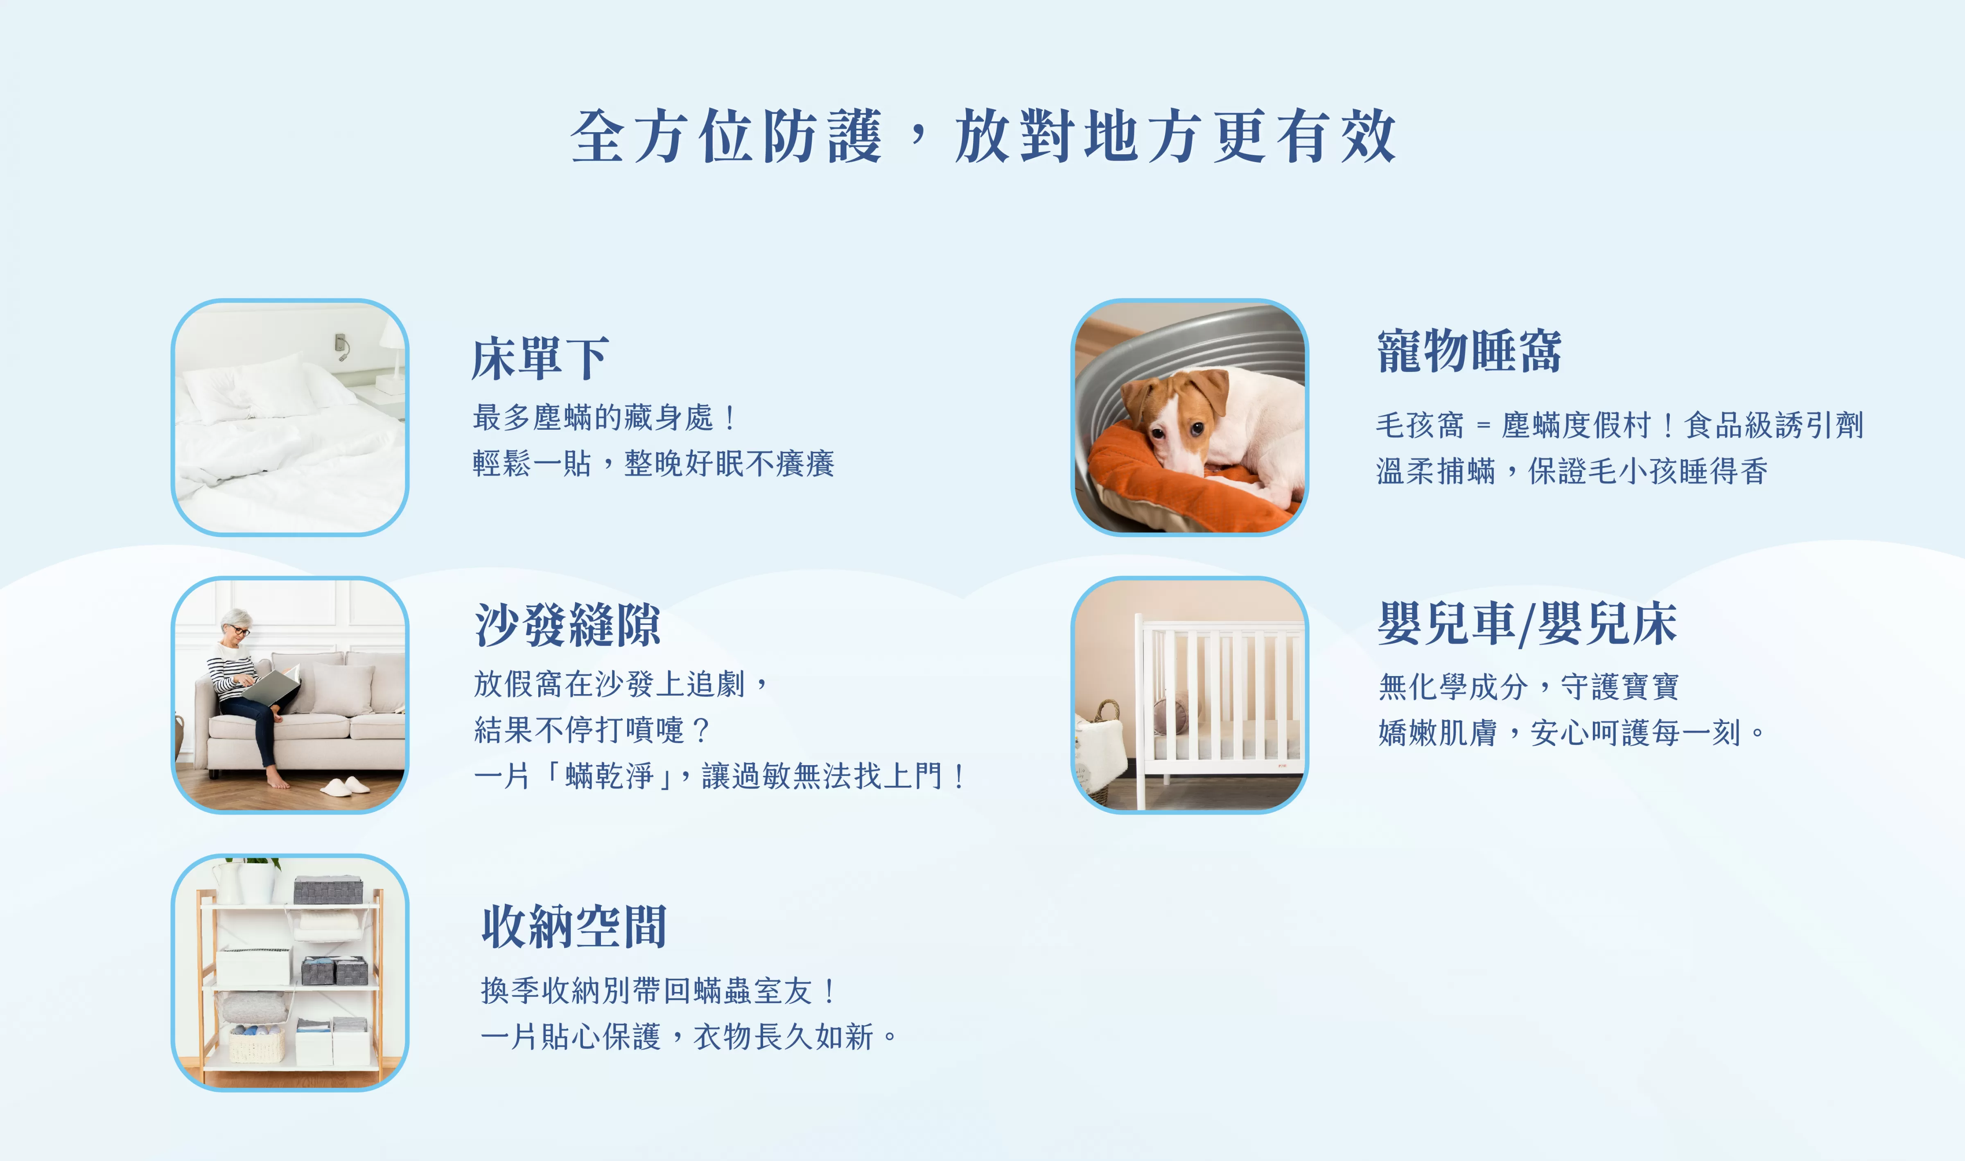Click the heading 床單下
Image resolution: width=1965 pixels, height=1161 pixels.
[540, 358]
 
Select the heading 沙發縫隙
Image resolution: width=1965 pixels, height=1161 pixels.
[567, 625]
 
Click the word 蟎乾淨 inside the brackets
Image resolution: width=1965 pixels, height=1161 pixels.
[609, 776]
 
